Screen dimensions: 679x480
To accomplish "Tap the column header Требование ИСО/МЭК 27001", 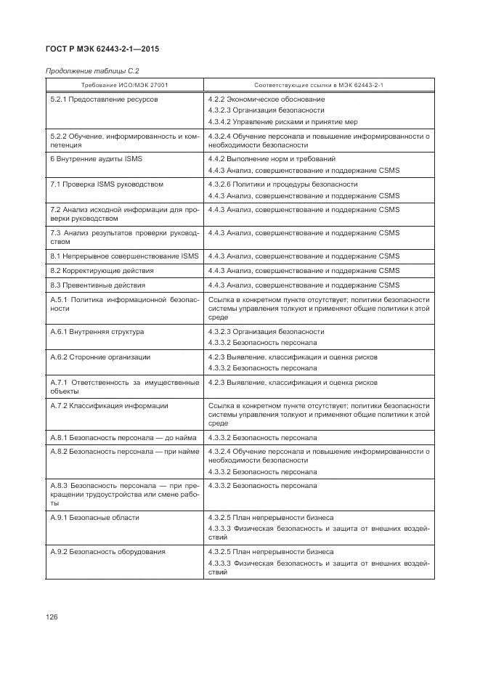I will point(123,85).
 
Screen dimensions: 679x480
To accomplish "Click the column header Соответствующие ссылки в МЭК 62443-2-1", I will point(318,85).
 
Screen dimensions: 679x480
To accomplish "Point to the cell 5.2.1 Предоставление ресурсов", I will point(103,99).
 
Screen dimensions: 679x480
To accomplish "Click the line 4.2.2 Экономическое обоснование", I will point(266,99).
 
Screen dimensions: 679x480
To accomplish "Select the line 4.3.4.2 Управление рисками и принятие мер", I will point(282,122).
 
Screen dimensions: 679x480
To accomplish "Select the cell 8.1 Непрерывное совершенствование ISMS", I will point(123,256).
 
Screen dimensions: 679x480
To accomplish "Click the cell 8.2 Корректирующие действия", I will point(101,271).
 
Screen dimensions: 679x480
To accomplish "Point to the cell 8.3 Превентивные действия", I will point(97,285).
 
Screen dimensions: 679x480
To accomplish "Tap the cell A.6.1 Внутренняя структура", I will point(97,332).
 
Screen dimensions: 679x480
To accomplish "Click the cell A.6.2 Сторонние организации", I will point(100,357).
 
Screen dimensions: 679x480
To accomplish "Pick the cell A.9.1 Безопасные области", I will point(94,518).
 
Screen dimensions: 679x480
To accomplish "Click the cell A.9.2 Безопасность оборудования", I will point(107,552).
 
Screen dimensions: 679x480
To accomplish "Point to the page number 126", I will point(52,617).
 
